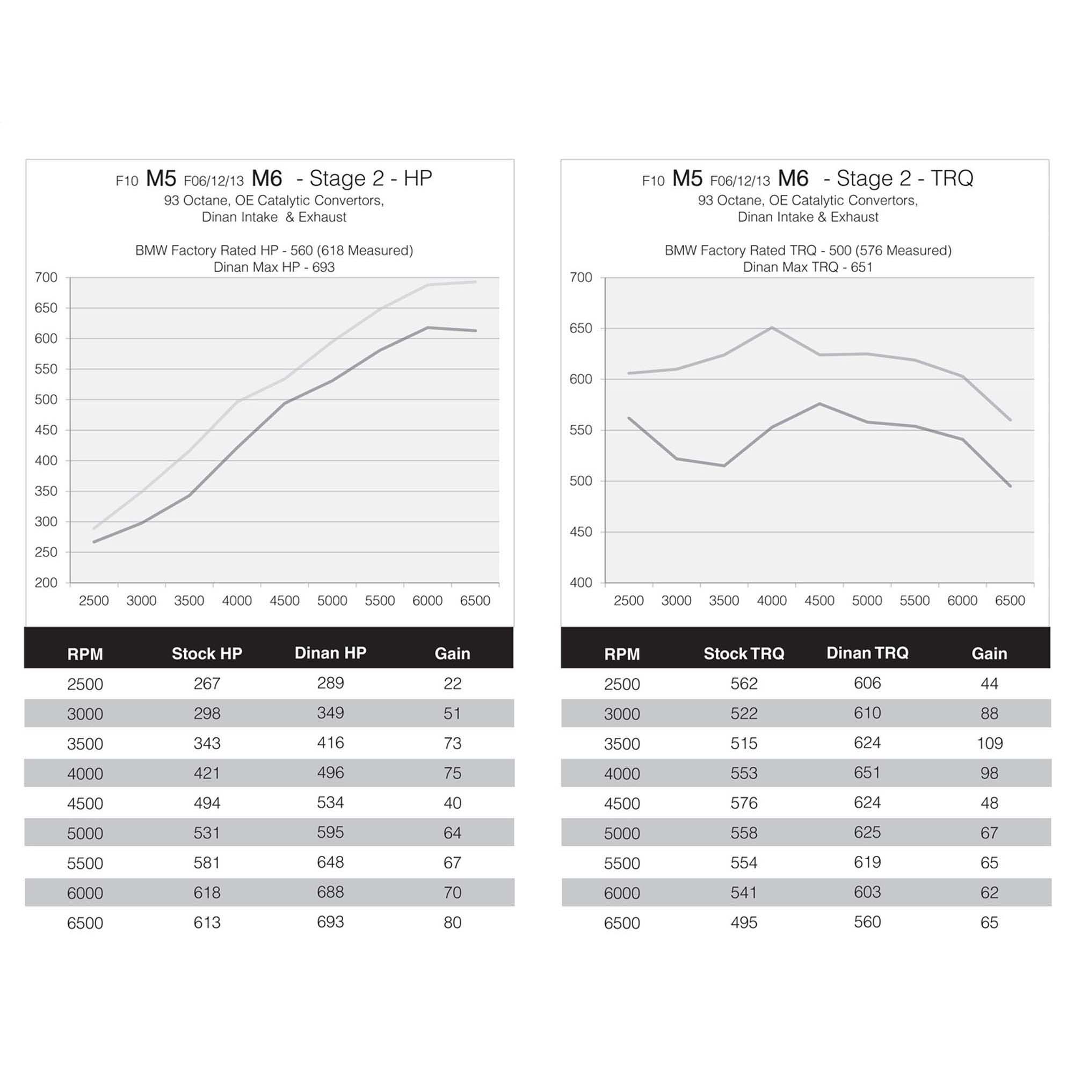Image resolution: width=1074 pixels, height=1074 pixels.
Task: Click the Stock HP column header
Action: tap(207, 653)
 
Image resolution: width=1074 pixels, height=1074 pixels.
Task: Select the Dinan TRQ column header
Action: tap(867, 652)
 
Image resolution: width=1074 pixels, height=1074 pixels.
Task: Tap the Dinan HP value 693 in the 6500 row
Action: tap(330, 922)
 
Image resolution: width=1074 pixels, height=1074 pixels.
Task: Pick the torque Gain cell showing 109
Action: tap(990, 743)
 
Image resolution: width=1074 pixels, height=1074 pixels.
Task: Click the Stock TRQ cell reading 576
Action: tap(744, 803)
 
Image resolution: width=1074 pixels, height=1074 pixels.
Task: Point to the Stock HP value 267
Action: tap(207, 683)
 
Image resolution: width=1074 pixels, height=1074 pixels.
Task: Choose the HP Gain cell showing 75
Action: tap(453, 773)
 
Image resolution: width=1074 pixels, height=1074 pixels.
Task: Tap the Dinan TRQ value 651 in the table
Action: tap(867, 773)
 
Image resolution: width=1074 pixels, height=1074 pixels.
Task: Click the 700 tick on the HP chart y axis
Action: tap(46, 278)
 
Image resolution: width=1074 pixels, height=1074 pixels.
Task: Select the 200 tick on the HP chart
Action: tap(46, 583)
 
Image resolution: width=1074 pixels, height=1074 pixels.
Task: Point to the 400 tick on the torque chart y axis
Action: tap(581, 583)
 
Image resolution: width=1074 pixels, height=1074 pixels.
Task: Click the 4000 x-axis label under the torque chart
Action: tap(772, 601)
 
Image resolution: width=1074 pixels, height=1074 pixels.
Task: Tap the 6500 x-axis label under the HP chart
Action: tap(475, 601)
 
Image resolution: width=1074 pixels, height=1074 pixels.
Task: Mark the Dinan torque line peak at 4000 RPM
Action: tap(772, 328)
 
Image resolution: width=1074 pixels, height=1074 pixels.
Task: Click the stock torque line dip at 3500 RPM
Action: tap(724, 466)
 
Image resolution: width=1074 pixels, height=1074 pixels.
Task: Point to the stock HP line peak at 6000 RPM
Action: tap(428, 328)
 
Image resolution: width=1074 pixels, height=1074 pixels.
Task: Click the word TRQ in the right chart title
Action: tap(952, 178)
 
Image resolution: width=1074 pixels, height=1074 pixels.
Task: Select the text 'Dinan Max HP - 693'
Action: tap(274, 267)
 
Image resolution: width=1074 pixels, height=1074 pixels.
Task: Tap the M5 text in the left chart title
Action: tap(161, 179)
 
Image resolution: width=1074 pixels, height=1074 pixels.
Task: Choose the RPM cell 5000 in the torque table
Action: tap(621, 833)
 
